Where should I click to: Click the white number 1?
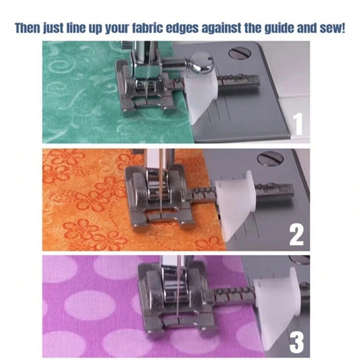click(x=298, y=124)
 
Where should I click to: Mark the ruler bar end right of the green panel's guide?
click(x=239, y=81)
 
